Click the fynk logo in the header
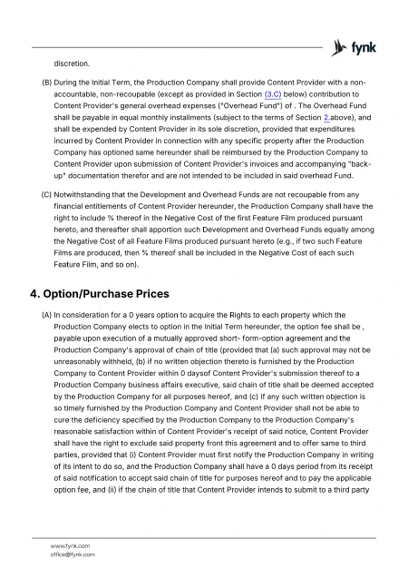point(355,45)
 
